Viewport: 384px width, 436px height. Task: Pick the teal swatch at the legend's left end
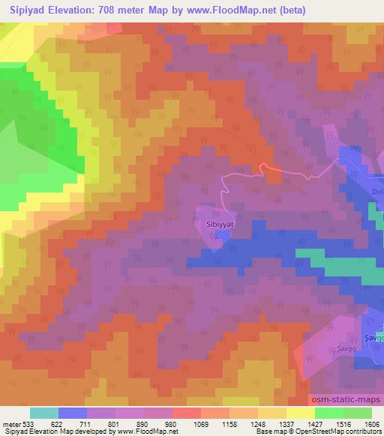pos(44,412)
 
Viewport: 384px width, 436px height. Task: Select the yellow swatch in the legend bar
pos(300,412)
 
